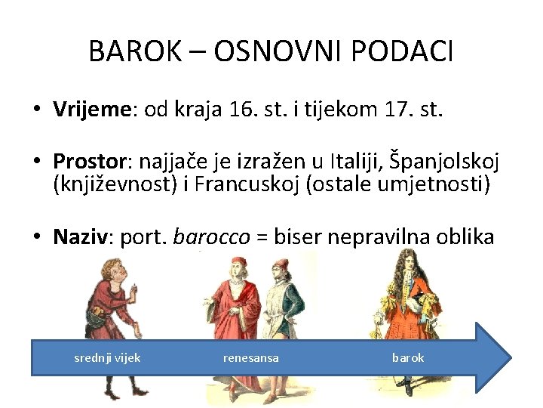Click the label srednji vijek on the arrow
tap(107, 357)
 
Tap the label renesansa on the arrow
tap(250, 357)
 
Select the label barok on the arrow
tap(408, 357)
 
